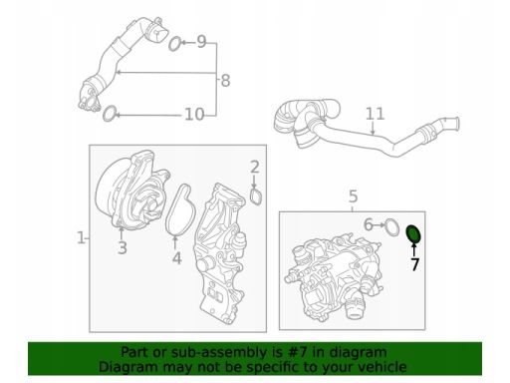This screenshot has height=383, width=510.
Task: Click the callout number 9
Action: pyautogui.click(x=201, y=42)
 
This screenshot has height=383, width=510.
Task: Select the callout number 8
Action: pyautogui.click(x=225, y=80)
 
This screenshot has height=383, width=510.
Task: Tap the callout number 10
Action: pyautogui.click(x=194, y=114)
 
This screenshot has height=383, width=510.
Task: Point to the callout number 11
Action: pyautogui.click(x=375, y=114)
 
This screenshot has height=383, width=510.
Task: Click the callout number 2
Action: pyautogui.click(x=255, y=167)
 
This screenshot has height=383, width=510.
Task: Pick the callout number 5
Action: pyautogui.click(x=354, y=196)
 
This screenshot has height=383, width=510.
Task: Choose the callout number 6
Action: pyautogui.click(x=369, y=224)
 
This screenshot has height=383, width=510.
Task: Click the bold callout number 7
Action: pyautogui.click(x=414, y=264)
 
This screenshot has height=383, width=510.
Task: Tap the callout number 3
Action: pyautogui.click(x=123, y=247)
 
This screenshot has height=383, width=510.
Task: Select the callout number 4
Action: pyautogui.click(x=177, y=258)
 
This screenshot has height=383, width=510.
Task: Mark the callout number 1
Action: pyautogui.click(x=81, y=237)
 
